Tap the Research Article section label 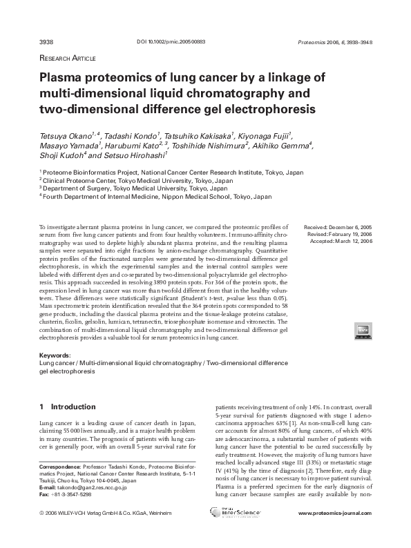coord(67,59)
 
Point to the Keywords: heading coord(56,355)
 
